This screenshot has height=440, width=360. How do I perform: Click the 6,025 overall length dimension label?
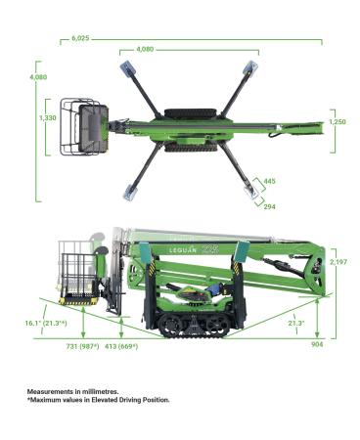point(80,38)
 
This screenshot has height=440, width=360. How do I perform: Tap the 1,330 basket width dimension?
point(48,118)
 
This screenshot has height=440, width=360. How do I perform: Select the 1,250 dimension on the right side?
point(337,122)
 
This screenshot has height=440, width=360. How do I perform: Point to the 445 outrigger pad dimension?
point(269,181)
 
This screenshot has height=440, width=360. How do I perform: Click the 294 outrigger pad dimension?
point(269,206)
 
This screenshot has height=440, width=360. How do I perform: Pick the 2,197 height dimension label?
point(338,262)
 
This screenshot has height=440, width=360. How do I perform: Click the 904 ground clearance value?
point(317,344)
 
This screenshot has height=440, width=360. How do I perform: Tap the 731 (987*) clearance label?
point(82,346)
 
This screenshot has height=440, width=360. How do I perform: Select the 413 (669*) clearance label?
point(121,346)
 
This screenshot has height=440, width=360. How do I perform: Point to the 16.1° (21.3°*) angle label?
point(46,323)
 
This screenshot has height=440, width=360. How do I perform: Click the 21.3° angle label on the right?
point(296,323)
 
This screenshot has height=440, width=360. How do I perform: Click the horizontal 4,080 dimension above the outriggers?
point(145,50)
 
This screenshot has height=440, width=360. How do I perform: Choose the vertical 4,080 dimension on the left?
point(38,77)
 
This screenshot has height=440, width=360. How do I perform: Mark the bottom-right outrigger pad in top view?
point(251,192)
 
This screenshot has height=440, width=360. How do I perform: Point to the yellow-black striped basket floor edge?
point(78,301)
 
